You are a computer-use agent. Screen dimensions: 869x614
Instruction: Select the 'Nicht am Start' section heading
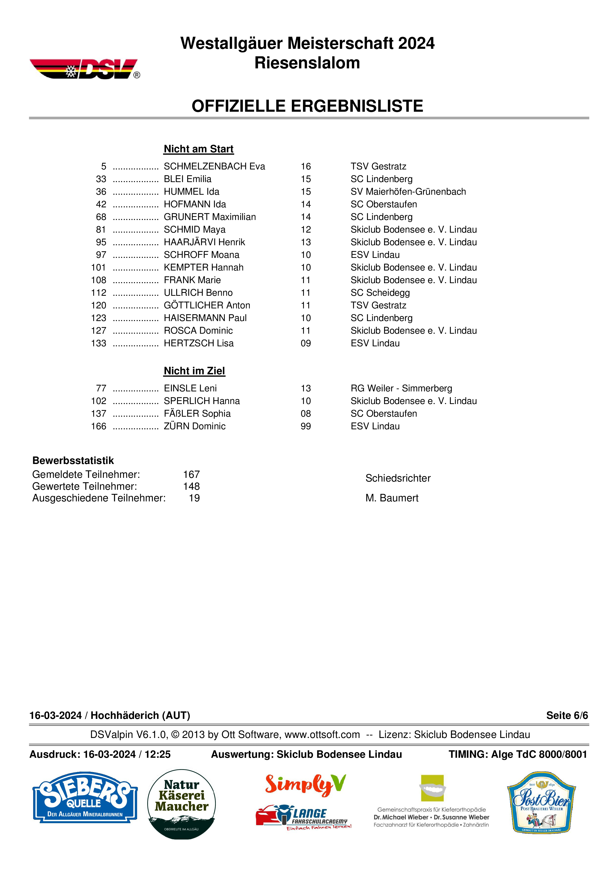pyautogui.click(x=198, y=149)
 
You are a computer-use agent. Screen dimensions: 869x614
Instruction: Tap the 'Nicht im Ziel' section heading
pyautogui.click(x=194, y=371)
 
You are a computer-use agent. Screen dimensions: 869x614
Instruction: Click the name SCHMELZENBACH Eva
pyautogui.click(x=214, y=166)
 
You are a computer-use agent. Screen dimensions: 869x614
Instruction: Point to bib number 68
pyautogui.click(x=101, y=217)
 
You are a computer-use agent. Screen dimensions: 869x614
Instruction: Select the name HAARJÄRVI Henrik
pyautogui.click(x=204, y=242)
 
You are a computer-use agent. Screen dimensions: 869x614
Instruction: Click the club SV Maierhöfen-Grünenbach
pyautogui.click(x=408, y=192)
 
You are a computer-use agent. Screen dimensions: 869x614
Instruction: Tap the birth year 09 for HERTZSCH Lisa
pyautogui.click(x=305, y=343)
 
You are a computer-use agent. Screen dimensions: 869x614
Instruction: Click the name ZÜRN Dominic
pyautogui.click(x=194, y=427)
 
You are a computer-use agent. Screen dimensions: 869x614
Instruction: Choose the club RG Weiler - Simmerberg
pyautogui.click(x=401, y=388)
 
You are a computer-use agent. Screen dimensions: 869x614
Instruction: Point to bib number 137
pyautogui.click(x=99, y=414)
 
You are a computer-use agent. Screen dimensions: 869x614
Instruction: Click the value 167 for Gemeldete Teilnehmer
pyautogui.click(x=191, y=475)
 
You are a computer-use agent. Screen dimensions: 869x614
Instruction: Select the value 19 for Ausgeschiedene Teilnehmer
pyautogui.click(x=194, y=498)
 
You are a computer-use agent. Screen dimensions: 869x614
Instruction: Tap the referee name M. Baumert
pyautogui.click(x=392, y=498)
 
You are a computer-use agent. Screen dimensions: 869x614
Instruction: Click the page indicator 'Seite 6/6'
pyautogui.click(x=567, y=715)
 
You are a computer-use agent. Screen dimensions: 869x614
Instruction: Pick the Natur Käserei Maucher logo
pyautogui.click(x=181, y=803)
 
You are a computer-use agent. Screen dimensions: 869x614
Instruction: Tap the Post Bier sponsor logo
pyautogui.click(x=541, y=802)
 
